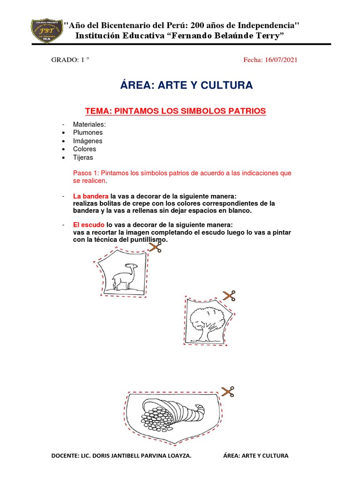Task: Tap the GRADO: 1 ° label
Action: tap(70, 60)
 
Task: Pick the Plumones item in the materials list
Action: tap(88, 133)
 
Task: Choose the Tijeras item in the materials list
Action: tap(83, 157)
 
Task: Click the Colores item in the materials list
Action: tap(84, 149)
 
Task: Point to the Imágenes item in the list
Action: tap(88, 141)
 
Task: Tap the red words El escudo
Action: tap(89, 225)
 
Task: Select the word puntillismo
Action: tap(147, 240)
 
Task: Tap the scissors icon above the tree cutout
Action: tap(229, 295)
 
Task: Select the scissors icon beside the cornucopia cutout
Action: tap(227, 391)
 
